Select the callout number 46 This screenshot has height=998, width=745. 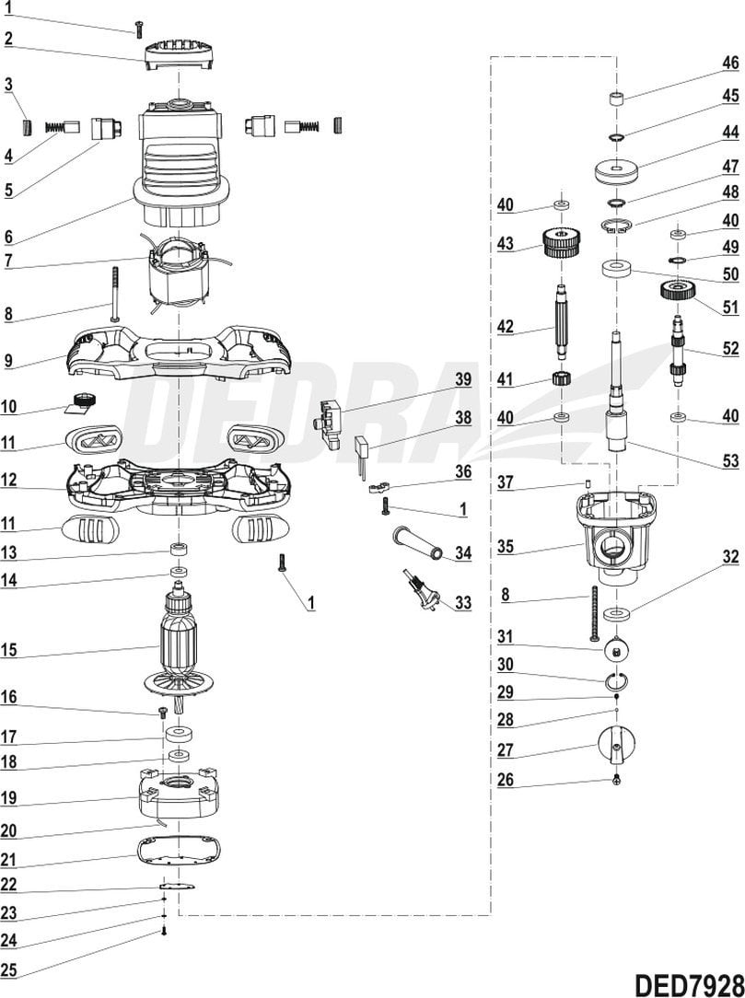tap(729, 64)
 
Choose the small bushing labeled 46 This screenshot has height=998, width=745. tap(616, 98)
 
